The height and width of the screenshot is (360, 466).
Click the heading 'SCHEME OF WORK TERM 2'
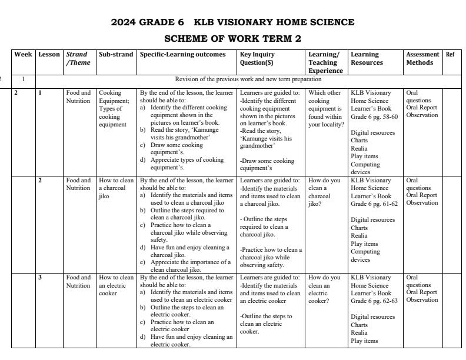(x=232, y=39)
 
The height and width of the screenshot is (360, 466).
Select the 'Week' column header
(x=23, y=55)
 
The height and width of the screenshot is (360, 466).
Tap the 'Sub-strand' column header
(x=116, y=55)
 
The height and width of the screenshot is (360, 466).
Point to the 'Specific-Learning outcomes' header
(x=182, y=55)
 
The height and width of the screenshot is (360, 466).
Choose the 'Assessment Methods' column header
(x=422, y=58)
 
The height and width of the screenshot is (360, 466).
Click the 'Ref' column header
(x=450, y=55)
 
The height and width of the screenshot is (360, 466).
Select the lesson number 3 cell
(x=40, y=277)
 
